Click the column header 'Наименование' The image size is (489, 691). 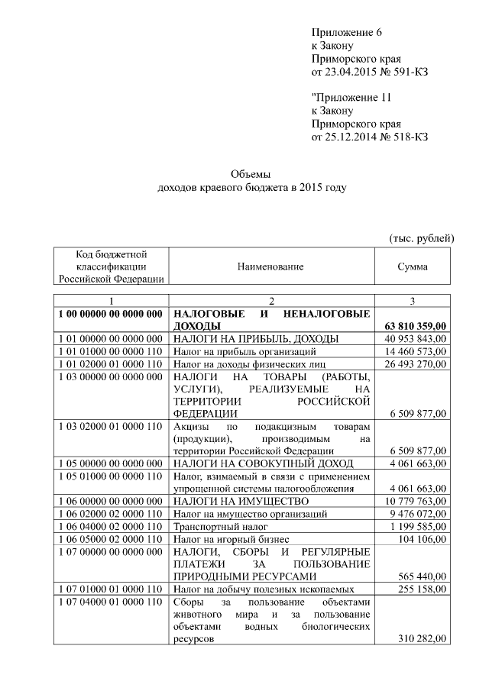click(270, 266)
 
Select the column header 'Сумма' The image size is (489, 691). click(413, 266)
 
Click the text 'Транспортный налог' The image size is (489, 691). click(219, 526)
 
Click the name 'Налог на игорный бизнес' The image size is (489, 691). click(230, 539)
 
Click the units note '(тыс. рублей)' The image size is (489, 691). click(422, 238)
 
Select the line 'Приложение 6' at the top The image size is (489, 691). click(346, 31)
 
